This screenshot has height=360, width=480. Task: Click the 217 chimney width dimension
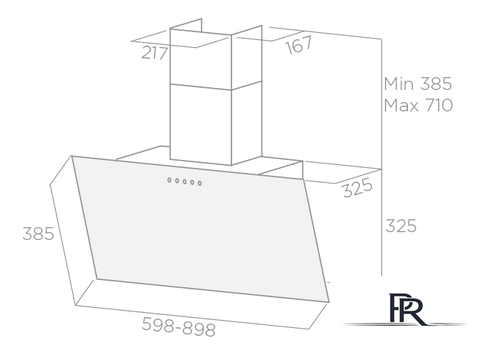click(154, 53)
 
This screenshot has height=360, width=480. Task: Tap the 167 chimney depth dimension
click(299, 45)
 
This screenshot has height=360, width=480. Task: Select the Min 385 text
click(418, 84)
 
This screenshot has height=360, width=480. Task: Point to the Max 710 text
click(418, 105)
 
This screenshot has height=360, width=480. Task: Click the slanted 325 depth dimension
click(358, 187)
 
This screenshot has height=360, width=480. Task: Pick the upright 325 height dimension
click(401, 226)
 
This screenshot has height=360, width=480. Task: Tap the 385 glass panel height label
click(39, 234)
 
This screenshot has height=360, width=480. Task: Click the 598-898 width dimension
click(179, 327)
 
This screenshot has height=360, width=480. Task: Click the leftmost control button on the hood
click(169, 180)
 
